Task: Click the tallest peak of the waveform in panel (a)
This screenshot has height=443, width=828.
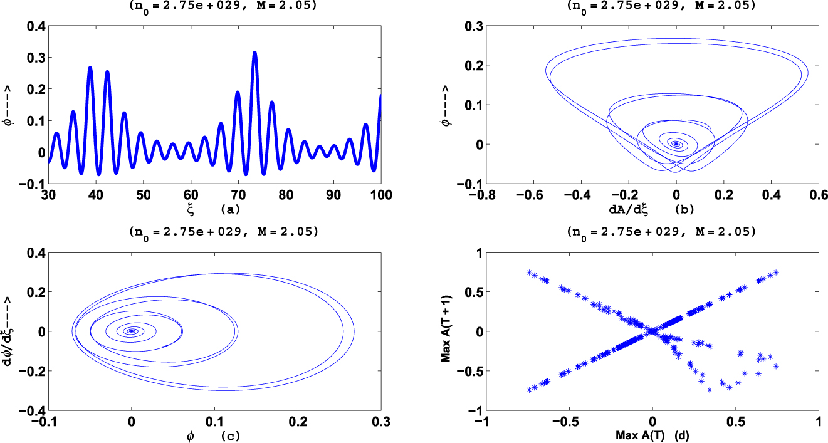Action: [x=254, y=53]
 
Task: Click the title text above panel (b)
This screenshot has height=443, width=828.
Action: [x=652, y=6]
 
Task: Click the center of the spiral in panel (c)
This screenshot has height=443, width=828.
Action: [x=132, y=331]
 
